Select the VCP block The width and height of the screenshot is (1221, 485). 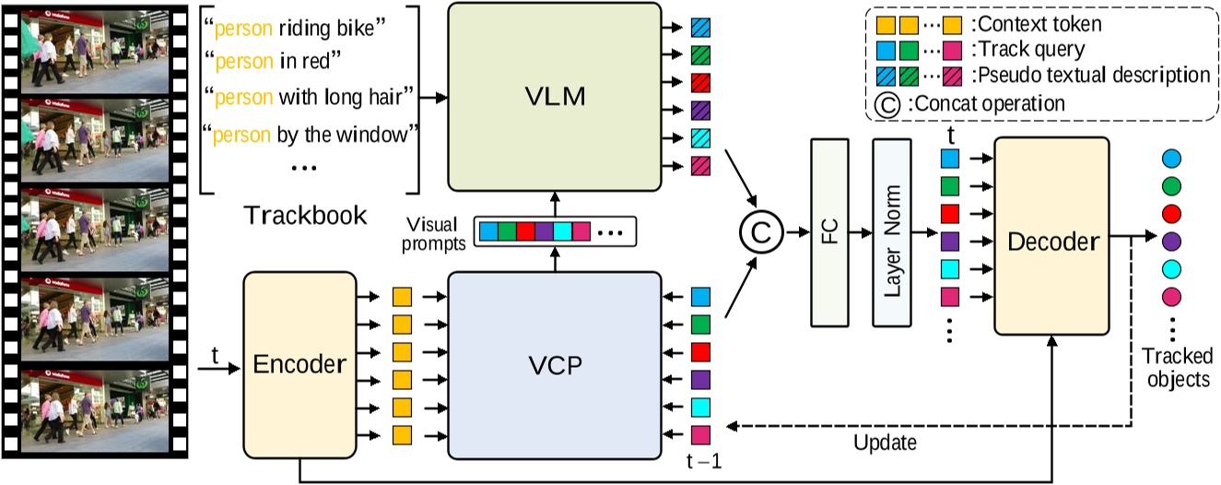[x=556, y=363]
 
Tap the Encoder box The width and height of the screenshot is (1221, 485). [x=299, y=363]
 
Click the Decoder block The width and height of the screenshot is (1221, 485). [x=1051, y=243]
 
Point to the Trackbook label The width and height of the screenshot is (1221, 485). [x=306, y=216]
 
